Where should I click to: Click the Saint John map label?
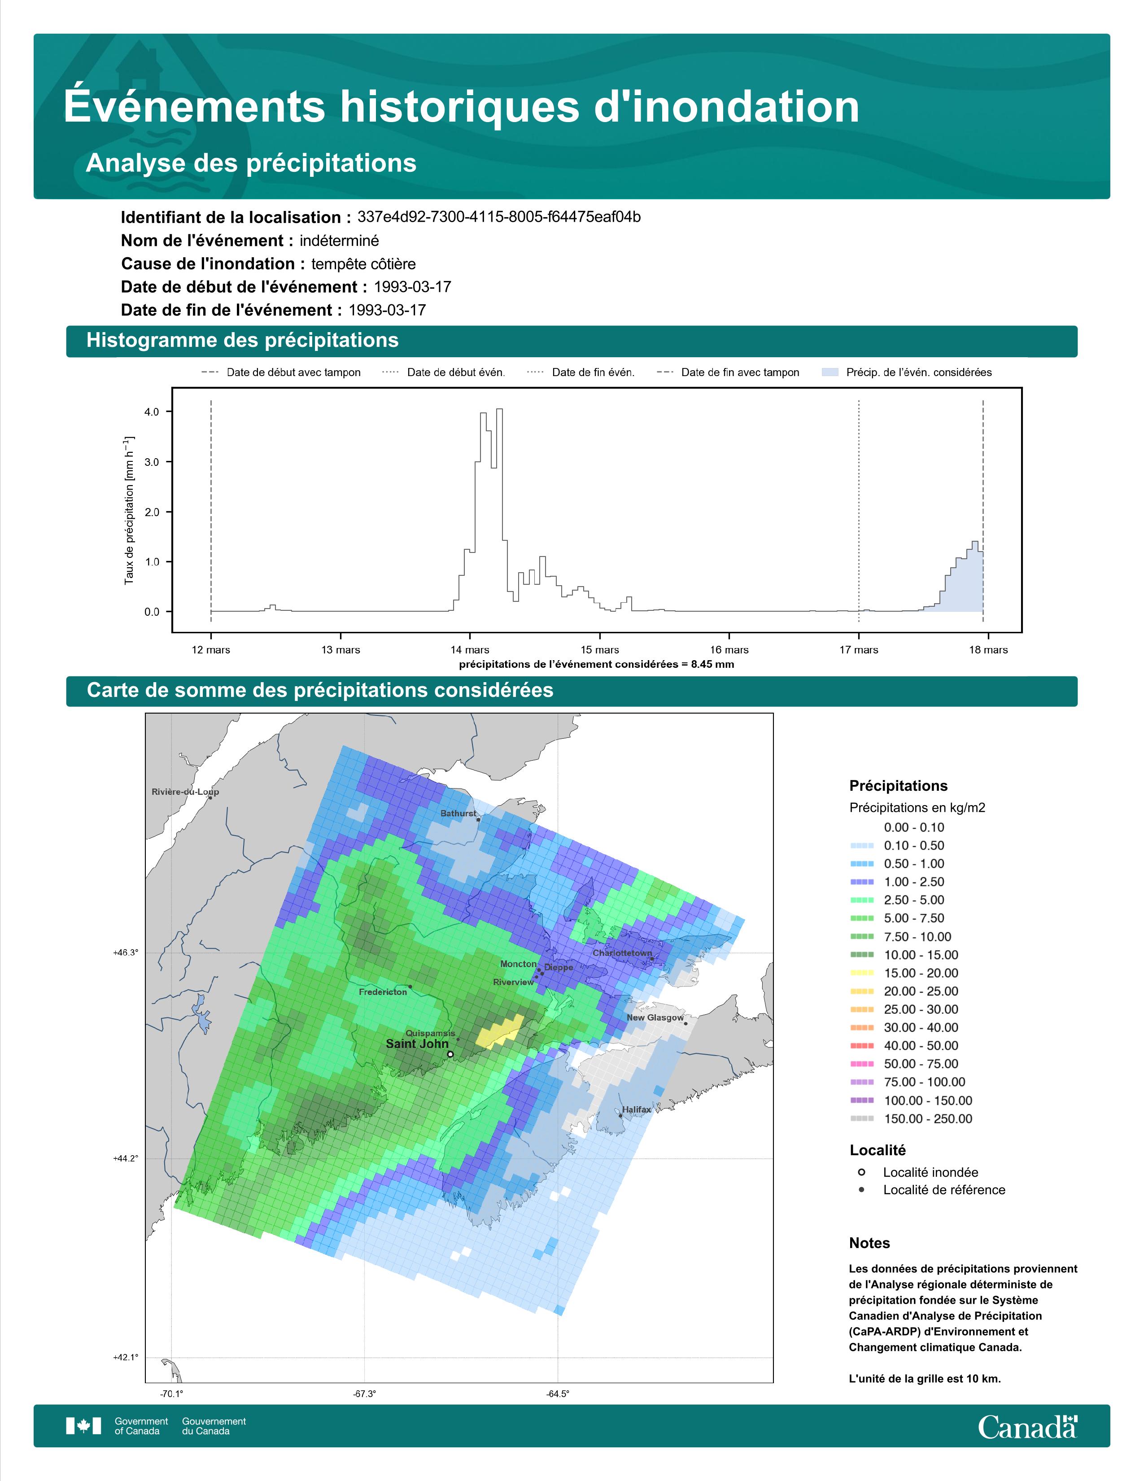click(x=417, y=1043)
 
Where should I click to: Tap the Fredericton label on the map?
click(x=383, y=992)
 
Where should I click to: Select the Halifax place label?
click(x=637, y=1109)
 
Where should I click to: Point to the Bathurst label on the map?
click(x=458, y=814)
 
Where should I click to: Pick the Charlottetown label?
click(x=622, y=953)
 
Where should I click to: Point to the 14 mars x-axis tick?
click(x=470, y=650)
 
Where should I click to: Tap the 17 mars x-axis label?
click(x=859, y=650)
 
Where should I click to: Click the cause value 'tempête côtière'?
click(x=363, y=264)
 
